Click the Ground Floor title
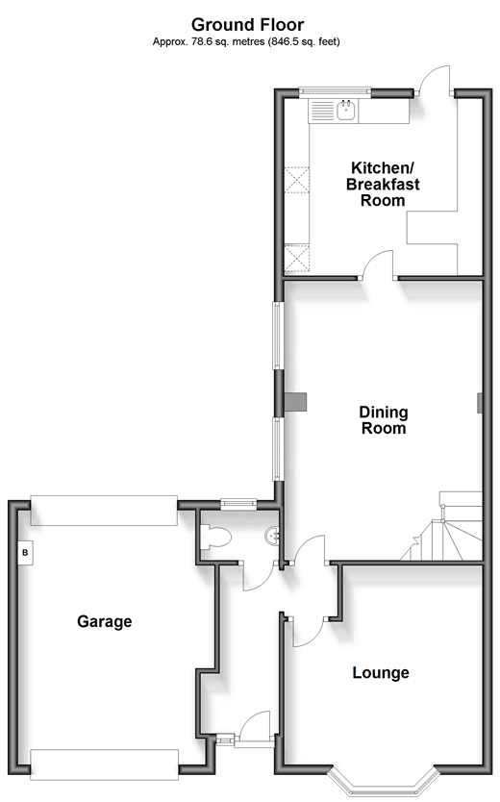coord(247,25)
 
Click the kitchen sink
coord(346,110)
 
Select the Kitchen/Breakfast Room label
coord(383,184)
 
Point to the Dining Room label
coord(384,420)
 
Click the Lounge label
coord(381,672)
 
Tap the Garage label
coord(104,621)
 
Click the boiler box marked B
coord(26,553)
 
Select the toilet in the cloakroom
coord(215,537)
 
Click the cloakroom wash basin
coord(272,536)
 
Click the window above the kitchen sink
coord(335,91)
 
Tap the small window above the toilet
coord(238,504)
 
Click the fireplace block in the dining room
coord(296,402)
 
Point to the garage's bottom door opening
coord(104,764)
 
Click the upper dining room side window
coord(278,335)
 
